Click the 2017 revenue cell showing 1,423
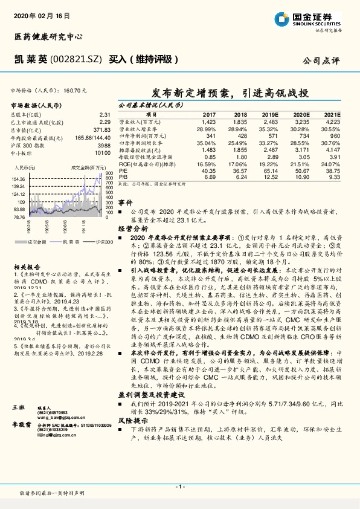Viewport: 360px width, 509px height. [x=208, y=122]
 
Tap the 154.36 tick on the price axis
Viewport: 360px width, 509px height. [x=18, y=179]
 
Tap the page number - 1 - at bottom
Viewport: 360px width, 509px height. [x=180, y=487]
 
